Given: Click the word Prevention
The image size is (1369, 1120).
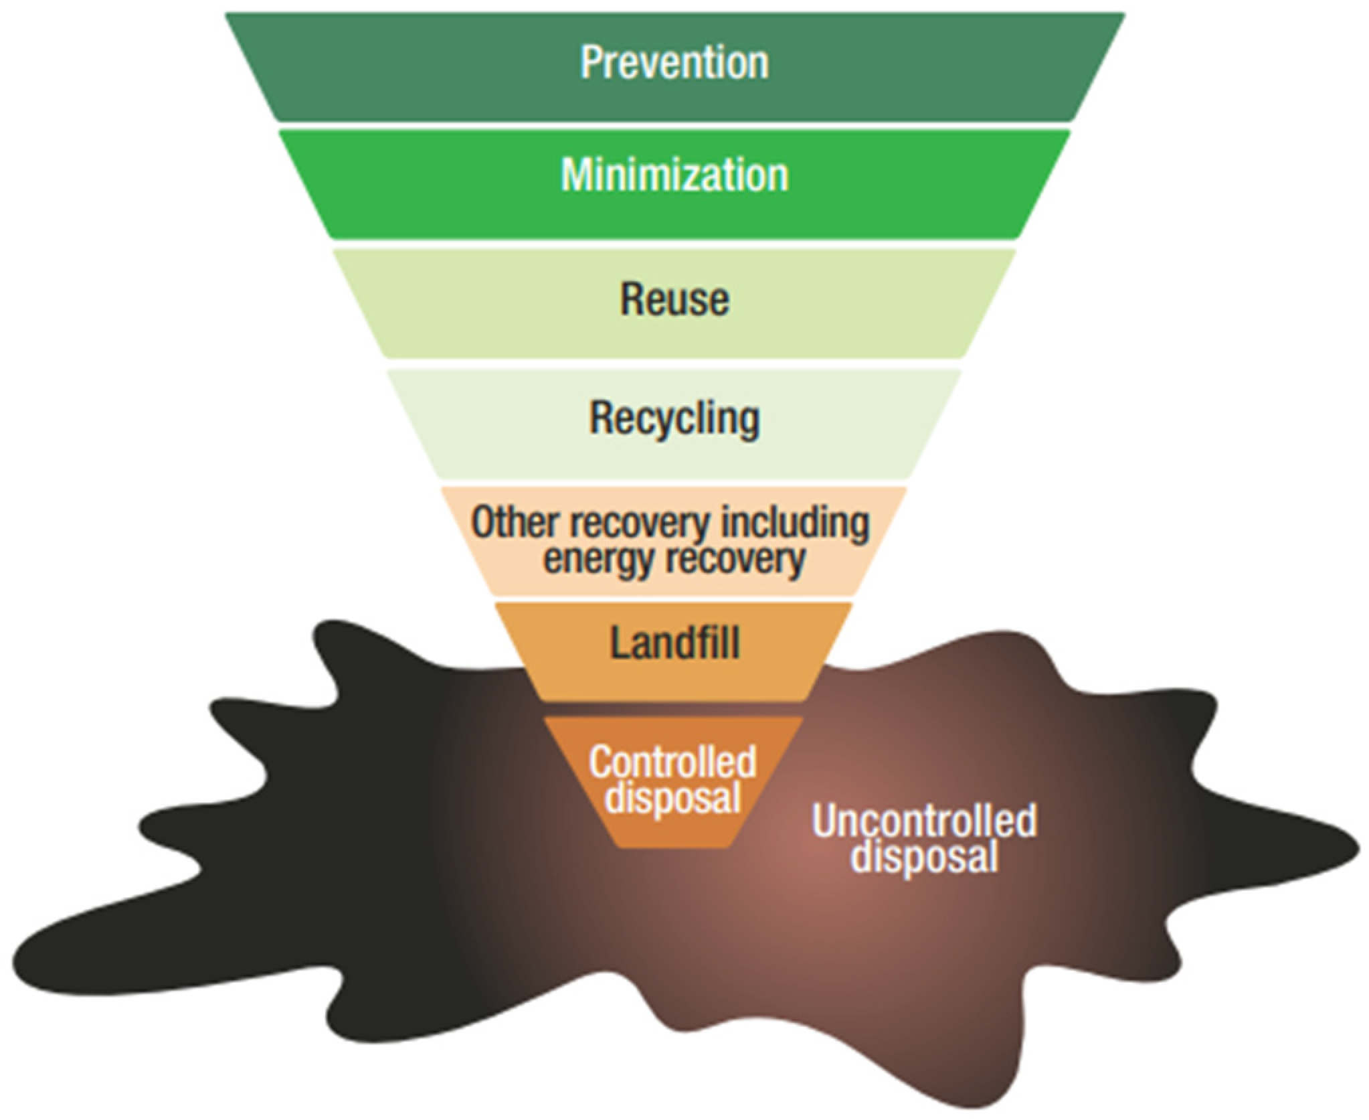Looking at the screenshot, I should coord(674,62).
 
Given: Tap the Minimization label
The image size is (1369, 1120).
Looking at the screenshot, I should coord(674,175).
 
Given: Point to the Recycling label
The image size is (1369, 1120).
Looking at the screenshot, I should coord(674,418).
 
